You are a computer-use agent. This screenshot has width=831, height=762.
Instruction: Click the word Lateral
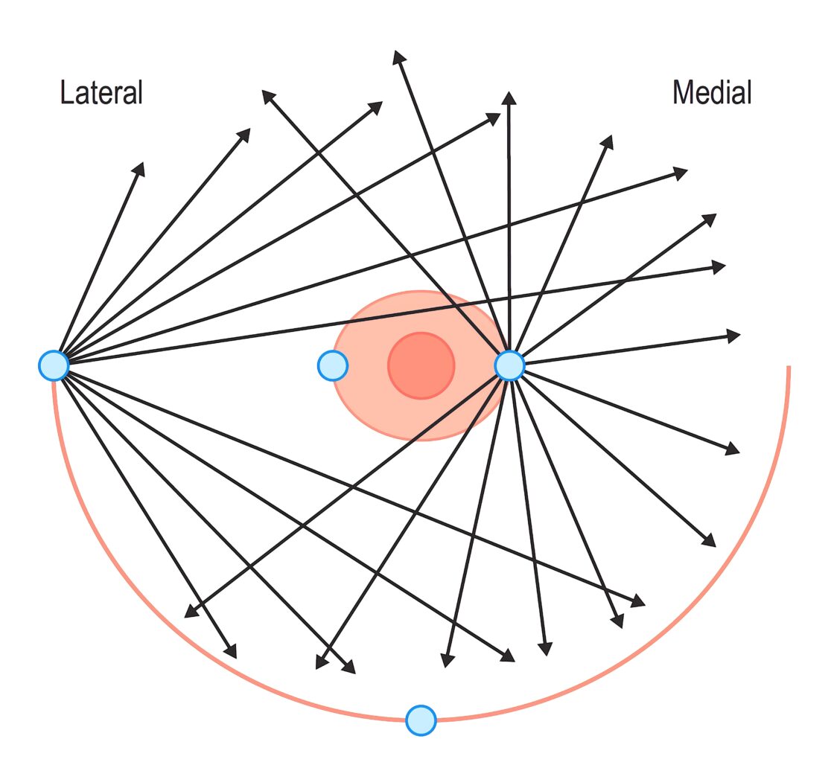tap(101, 93)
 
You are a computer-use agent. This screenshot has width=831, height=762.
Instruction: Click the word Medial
tap(712, 93)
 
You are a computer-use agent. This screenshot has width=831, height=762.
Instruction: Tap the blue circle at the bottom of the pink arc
tap(421, 720)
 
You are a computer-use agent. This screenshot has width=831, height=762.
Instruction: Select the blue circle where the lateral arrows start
tap(54, 365)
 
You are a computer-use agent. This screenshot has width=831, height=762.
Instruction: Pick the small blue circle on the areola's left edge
tap(332, 365)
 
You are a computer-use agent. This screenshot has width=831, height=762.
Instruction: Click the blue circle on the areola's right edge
tap(509, 365)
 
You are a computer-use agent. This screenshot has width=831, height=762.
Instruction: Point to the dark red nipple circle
tap(421, 365)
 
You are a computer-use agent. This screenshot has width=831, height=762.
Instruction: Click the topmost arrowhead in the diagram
tap(398, 57)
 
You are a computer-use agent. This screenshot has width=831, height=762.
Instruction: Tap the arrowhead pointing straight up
tap(509, 97)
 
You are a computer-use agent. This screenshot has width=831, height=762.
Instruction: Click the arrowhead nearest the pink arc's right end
tap(734, 336)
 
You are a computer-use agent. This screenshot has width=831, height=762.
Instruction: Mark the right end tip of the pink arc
tap(789, 366)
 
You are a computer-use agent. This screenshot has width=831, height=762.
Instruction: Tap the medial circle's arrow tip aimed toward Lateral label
tap(268, 97)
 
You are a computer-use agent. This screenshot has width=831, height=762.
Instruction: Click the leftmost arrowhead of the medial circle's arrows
tap(191, 612)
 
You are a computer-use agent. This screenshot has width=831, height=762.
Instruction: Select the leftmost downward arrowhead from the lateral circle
tap(231, 652)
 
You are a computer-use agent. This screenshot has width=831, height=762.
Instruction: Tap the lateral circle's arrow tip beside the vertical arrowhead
tap(494, 118)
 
